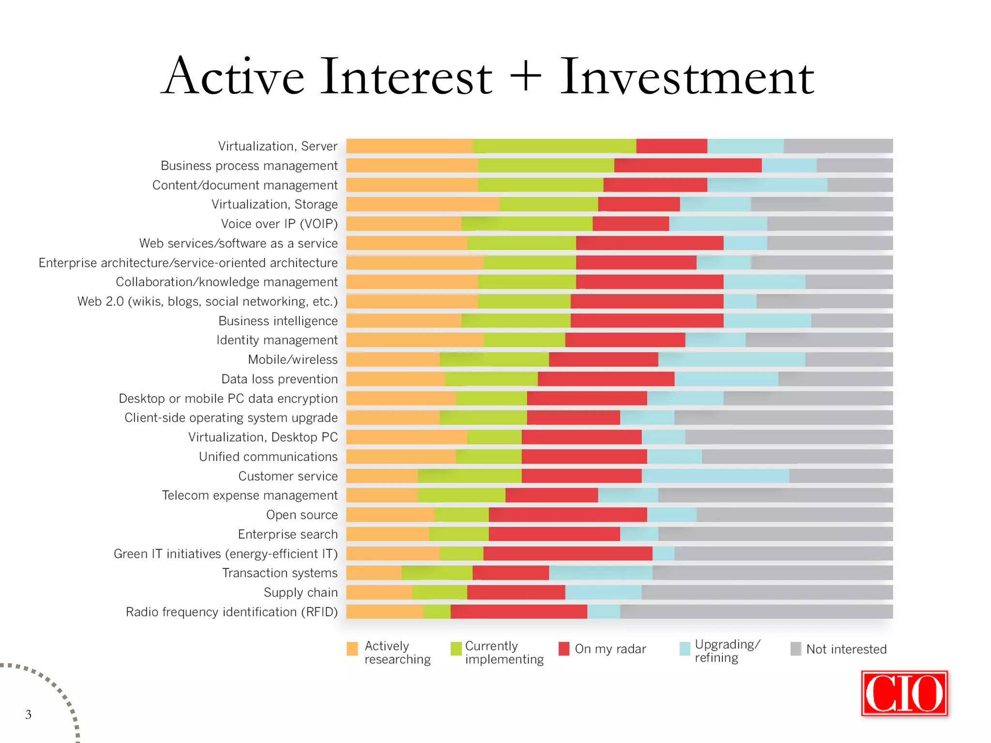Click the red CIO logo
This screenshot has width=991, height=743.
904,693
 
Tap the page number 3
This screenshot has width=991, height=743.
29,714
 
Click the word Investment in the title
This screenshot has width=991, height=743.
687,77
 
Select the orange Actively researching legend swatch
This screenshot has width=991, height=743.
352,648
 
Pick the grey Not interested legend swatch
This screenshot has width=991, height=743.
796,649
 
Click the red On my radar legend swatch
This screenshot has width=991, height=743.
564,648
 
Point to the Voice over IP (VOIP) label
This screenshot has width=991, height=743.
279,224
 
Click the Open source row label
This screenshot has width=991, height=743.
301,515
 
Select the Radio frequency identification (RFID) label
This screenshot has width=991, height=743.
231,612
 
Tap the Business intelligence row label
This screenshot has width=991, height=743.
278,321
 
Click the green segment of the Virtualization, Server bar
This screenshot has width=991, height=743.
554,146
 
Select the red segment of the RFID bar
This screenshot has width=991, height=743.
519,611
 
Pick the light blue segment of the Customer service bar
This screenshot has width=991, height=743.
715,476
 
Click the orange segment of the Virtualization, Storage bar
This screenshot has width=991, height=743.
423,204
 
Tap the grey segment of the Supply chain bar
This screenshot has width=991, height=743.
767,592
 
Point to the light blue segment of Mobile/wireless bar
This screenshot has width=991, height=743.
732,359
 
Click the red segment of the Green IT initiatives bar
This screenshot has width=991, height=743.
568,553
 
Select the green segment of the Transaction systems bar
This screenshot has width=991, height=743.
437,573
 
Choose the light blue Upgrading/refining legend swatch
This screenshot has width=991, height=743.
685,648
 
